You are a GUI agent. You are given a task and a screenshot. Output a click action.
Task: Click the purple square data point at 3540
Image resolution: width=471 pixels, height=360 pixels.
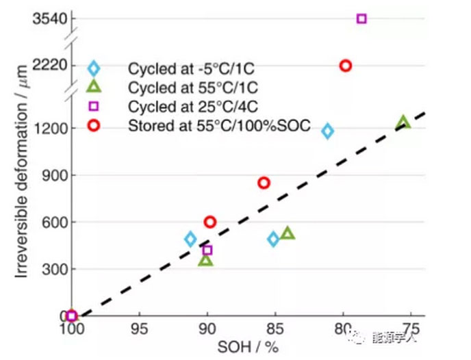[361, 18]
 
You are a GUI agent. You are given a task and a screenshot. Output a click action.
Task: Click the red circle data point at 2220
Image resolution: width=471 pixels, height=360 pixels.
[346, 66]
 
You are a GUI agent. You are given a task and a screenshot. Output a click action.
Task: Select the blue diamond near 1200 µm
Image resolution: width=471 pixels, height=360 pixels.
[328, 131]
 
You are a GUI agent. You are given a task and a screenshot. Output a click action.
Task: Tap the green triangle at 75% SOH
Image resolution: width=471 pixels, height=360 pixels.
[404, 123]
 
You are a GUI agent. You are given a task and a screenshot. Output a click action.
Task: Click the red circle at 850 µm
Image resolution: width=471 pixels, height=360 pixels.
[264, 183]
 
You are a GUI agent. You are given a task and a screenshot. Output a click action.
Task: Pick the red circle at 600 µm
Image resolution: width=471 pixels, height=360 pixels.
[210, 222]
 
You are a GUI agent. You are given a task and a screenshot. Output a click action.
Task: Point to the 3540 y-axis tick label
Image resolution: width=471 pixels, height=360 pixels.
[49, 18]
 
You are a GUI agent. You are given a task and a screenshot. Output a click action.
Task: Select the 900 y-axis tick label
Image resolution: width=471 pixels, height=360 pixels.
[53, 175]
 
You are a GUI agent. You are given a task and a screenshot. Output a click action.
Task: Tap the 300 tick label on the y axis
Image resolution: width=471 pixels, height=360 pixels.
[53, 269]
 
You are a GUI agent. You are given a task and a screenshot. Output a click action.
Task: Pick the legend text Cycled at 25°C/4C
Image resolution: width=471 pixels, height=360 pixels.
[179, 107]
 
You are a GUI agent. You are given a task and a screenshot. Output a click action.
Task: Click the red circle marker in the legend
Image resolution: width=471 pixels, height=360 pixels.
[94, 125]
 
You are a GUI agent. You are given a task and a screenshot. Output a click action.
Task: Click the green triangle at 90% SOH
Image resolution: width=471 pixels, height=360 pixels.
[206, 260]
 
